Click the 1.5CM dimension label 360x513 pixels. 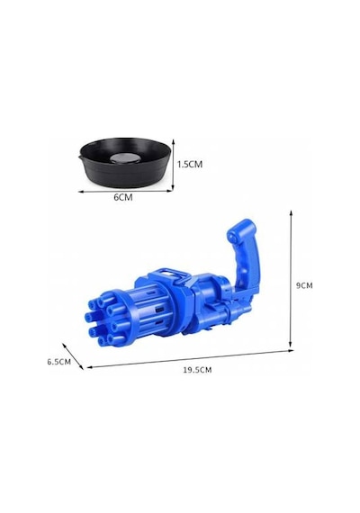pyautogui.click(x=190, y=164)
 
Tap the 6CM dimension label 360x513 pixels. pyautogui.click(x=123, y=197)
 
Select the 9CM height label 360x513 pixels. pyautogui.click(x=304, y=285)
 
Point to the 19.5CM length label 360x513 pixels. pyautogui.click(x=197, y=370)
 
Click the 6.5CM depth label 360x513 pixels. pyautogui.click(x=58, y=362)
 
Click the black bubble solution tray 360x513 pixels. pyautogui.click(x=126, y=163)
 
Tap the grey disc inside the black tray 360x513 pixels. pyautogui.click(x=123, y=158)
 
